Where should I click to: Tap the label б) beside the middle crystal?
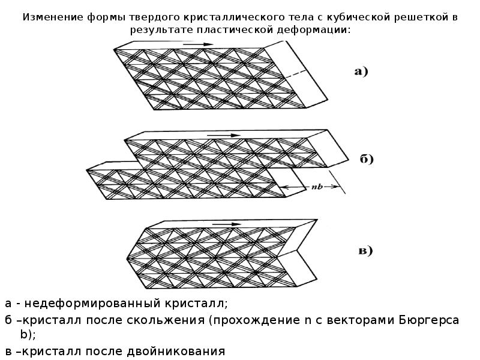(x=367, y=160)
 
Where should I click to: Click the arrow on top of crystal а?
(x=198, y=44)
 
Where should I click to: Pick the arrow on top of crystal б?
(x=220, y=136)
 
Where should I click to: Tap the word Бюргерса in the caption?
(x=428, y=320)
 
